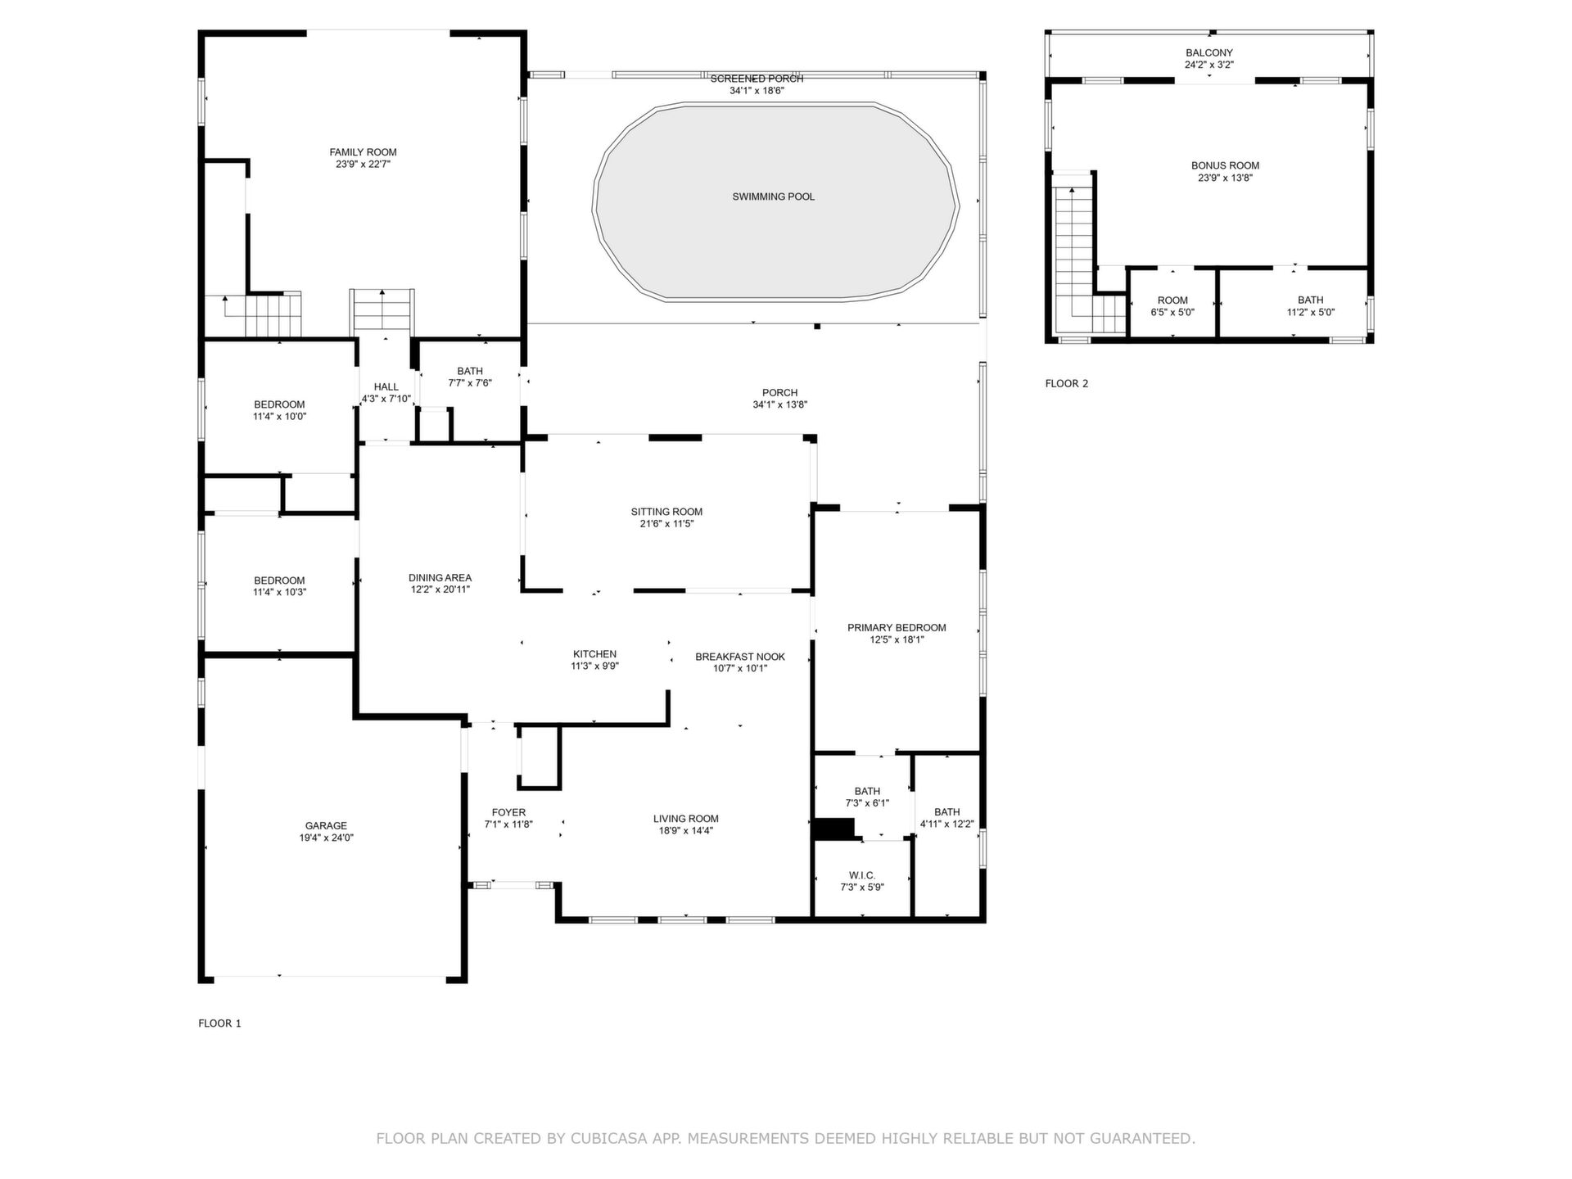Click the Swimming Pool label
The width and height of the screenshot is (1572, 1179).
[x=773, y=196]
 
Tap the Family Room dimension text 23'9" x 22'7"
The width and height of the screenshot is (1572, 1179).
[x=363, y=164]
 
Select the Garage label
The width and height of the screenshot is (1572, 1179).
[x=326, y=825]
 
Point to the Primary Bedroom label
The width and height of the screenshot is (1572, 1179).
[x=897, y=628]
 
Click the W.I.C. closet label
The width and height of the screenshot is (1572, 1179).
[x=862, y=875]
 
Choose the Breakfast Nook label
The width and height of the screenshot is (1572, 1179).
[x=740, y=657]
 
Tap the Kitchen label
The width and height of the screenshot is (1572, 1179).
[x=594, y=654]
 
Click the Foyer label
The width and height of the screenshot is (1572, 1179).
[x=508, y=813]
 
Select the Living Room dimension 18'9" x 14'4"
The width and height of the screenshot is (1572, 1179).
[x=686, y=830]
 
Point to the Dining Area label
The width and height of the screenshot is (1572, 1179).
[x=440, y=578]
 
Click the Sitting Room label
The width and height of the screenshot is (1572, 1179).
[x=666, y=512]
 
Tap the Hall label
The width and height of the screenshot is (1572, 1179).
[x=386, y=387]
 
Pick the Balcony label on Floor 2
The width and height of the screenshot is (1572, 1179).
[x=1208, y=53]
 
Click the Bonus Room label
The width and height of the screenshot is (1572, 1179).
[x=1225, y=166]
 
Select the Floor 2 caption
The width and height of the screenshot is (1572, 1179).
[x=1067, y=383]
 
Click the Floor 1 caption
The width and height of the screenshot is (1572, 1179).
[x=219, y=1023]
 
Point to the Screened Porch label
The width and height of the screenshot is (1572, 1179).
[x=757, y=79]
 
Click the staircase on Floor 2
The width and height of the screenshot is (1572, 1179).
[x=1077, y=258]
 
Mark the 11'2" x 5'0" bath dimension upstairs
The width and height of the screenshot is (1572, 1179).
[x=1310, y=312]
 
